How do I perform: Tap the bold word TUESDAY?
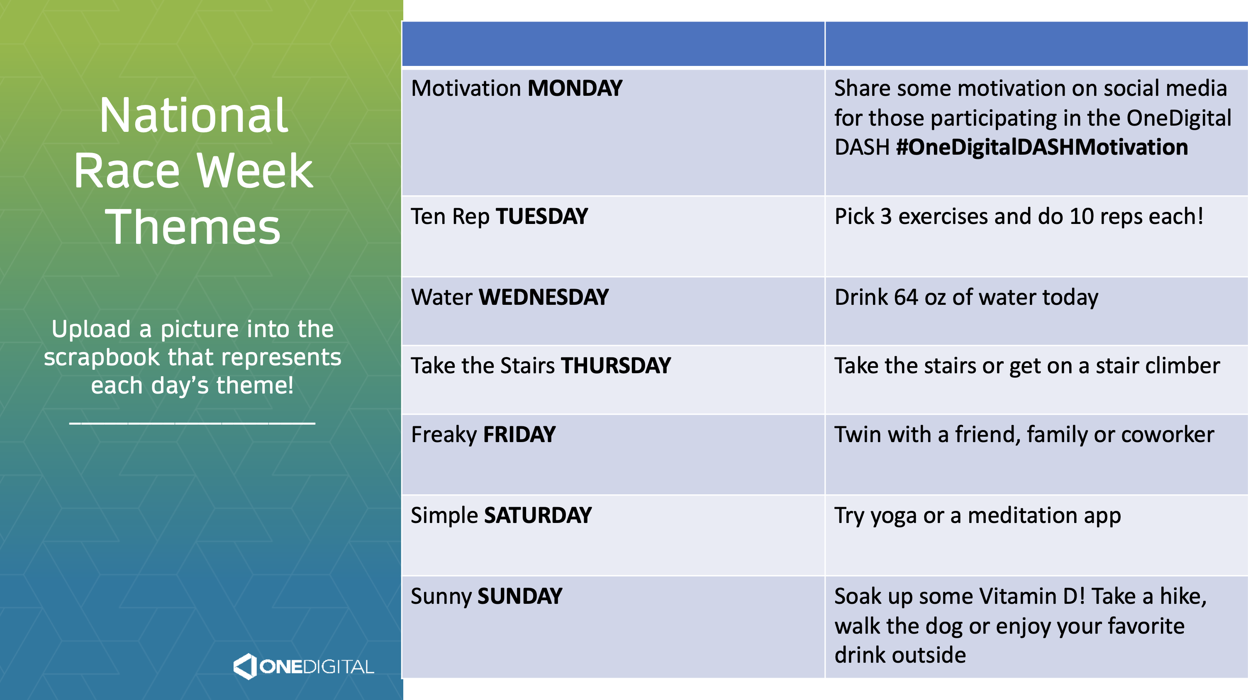click(541, 216)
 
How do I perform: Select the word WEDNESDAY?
click(544, 297)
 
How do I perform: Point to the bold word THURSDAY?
click(616, 365)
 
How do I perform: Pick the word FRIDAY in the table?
click(519, 435)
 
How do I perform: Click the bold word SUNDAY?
click(520, 596)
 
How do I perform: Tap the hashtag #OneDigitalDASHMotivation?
click(1042, 147)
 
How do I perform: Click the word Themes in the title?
click(193, 227)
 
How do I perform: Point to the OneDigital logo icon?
click(245, 666)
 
